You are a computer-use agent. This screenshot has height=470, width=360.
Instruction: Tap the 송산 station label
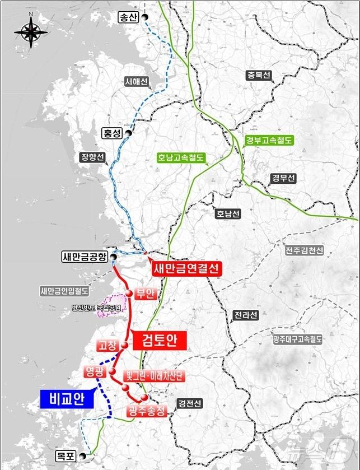(x=128, y=17)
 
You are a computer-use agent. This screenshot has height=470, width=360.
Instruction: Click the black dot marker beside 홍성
(x=129, y=133)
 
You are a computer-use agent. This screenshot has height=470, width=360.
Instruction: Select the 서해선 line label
(x=136, y=82)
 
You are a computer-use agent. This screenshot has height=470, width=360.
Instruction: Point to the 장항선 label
(x=93, y=157)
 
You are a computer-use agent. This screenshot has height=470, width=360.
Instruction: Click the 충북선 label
(x=258, y=75)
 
